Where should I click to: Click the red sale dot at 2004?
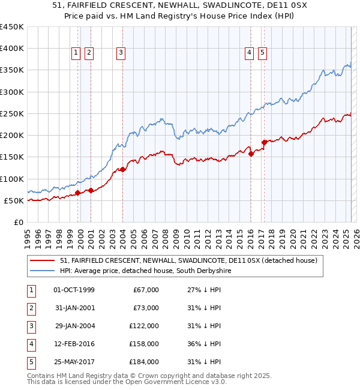click(122, 170)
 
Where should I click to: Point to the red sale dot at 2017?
click(264, 142)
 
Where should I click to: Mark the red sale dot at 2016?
click(251, 154)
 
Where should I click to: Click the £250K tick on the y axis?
click(12, 113)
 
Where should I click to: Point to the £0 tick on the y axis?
click(19, 222)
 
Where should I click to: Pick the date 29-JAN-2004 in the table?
click(74, 326)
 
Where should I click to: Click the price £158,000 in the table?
click(145, 344)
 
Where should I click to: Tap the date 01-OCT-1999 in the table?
click(74, 290)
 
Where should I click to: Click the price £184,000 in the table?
click(145, 362)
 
